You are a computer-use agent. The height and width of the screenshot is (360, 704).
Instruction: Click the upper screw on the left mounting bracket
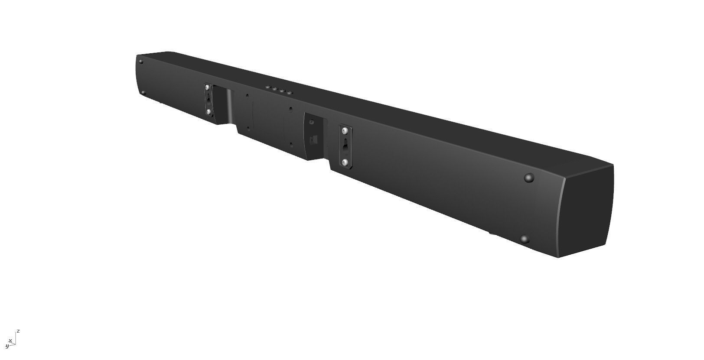tap(208, 88)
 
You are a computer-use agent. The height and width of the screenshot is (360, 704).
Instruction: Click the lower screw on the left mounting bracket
tap(209, 112)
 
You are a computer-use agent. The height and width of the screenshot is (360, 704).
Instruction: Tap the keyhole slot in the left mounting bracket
tap(208, 100)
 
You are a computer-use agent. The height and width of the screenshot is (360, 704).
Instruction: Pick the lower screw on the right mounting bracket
tap(345, 162)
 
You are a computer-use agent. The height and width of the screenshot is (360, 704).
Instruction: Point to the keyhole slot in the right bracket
tap(345, 146)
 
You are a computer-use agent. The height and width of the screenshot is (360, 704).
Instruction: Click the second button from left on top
tap(274, 89)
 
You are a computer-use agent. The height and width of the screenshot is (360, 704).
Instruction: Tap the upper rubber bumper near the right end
tap(528, 177)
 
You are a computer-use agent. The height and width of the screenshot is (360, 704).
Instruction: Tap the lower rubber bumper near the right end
tap(525, 239)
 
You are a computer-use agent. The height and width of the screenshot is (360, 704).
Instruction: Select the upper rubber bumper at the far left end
tap(141, 62)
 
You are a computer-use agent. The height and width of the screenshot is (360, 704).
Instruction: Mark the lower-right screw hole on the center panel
tap(291, 144)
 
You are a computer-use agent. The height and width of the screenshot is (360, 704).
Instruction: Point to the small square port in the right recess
tap(314, 140)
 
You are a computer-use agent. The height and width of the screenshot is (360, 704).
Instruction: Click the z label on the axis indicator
tap(18, 331)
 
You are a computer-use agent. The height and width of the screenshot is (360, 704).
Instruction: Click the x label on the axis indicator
tap(10, 341)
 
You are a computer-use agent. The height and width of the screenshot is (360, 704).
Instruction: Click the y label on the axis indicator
tap(7, 346)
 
